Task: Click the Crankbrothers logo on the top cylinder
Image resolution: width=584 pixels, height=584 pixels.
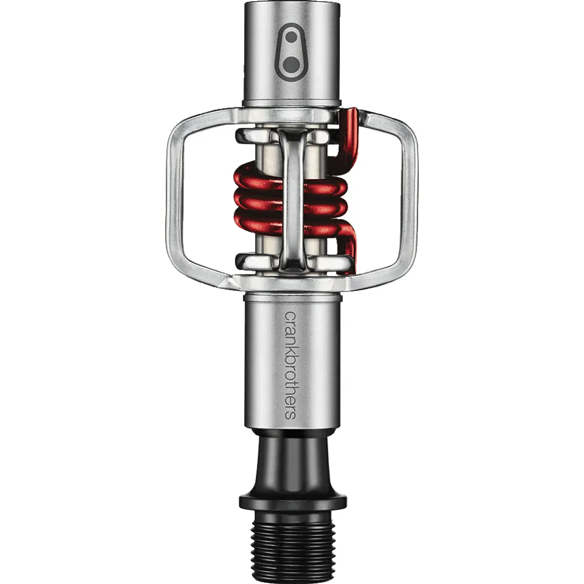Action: click(x=291, y=52)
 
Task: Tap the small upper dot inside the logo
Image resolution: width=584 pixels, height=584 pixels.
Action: click(x=291, y=37)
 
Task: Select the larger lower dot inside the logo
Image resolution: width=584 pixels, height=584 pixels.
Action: click(x=291, y=64)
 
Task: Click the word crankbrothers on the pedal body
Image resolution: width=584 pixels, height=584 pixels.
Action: click(x=291, y=366)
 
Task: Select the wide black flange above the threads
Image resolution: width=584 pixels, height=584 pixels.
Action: click(x=293, y=503)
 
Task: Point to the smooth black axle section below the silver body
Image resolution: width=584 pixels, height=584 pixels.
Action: click(x=293, y=462)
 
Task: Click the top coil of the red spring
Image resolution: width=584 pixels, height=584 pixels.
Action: click(x=260, y=178)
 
